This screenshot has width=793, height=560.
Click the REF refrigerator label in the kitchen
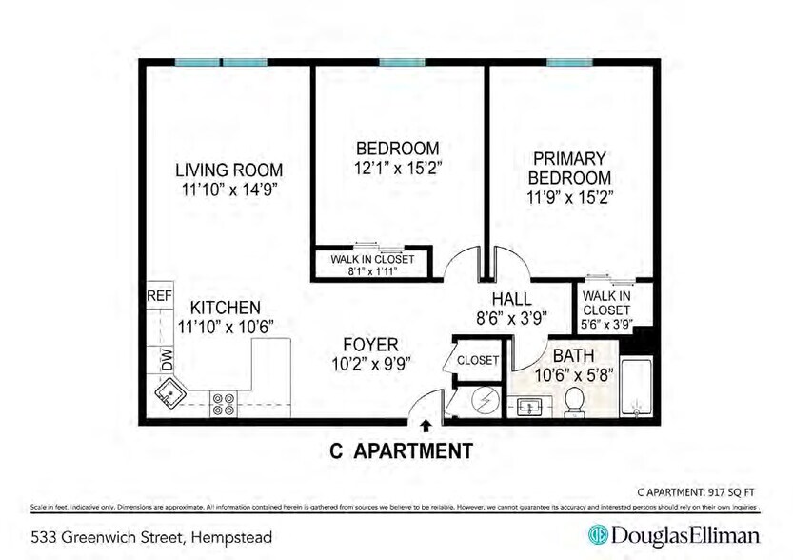(159, 296)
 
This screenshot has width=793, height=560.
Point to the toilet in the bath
(575, 401)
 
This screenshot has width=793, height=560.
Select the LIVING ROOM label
(228, 170)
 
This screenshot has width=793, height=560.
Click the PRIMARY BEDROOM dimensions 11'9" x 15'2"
(571, 198)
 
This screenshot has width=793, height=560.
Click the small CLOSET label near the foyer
(477, 361)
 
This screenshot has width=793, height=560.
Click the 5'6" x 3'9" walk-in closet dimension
(607, 323)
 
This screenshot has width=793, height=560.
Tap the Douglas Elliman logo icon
(600, 534)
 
